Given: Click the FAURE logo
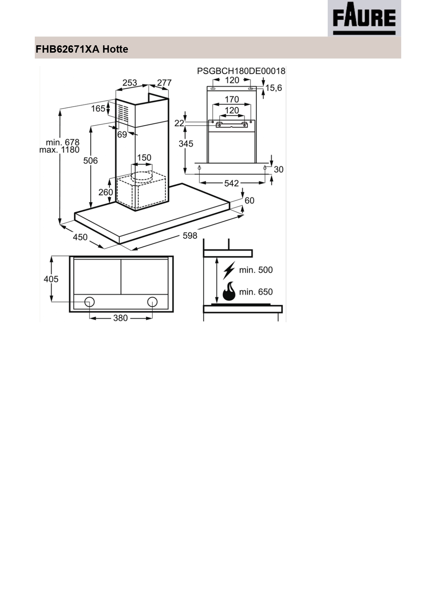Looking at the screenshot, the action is point(364,18).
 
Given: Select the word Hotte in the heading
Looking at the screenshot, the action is point(115,49).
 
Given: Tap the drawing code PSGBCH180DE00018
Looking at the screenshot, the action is point(241,71).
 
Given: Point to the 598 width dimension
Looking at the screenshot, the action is point(190,236).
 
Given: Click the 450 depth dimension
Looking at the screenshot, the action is point(80,237).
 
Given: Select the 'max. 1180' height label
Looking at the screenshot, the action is point(59,150).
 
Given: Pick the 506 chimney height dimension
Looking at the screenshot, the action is point(90,161).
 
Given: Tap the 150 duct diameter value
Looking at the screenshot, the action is point(144,158).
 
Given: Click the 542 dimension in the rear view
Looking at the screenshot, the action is point(231,183).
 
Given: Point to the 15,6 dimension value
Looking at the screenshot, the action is point(274,88).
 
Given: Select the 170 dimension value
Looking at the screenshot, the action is point(232,99).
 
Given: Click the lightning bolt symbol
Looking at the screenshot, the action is point(229,270).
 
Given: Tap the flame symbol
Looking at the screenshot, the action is point(229,291).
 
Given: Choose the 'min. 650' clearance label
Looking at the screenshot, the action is point(256,292).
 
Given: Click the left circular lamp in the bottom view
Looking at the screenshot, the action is point(89,302).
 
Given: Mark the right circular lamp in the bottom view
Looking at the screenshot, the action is point(152,302).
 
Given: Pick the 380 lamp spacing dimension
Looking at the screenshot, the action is point(120,318).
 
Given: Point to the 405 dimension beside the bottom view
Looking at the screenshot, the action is point(51,279).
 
